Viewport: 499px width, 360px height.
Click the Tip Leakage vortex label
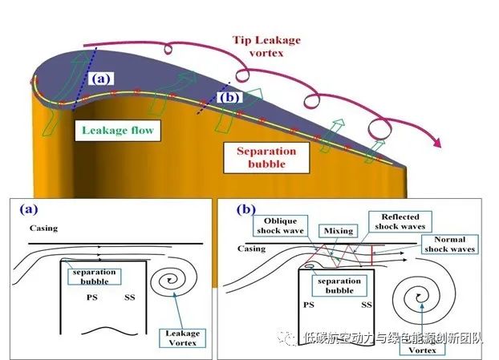pyautogui.click(x=266, y=47)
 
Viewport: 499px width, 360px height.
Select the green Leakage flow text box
pyautogui.click(x=118, y=131)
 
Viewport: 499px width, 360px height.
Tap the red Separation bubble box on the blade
pyautogui.click(x=266, y=157)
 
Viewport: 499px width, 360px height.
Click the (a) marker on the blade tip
pyautogui.click(x=101, y=79)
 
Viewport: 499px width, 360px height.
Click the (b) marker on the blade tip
pyautogui.click(x=229, y=97)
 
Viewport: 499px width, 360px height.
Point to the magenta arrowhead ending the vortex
pyautogui.click(x=436, y=143)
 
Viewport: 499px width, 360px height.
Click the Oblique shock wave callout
pyautogui.click(x=280, y=226)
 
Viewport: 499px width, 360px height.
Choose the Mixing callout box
pyautogui.click(x=339, y=231)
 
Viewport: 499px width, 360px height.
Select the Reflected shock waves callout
pyautogui.click(x=400, y=221)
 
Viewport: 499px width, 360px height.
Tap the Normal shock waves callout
pyautogui.click(x=450, y=245)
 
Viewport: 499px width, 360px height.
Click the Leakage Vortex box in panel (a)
pyautogui.click(x=182, y=338)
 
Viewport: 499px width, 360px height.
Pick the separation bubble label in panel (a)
pyautogui.click(x=94, y=277)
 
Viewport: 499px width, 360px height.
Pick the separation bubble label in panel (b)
pyautogui.click(x=339, y=285)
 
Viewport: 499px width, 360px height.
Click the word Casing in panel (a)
pyautogui.click(x=43, y=229)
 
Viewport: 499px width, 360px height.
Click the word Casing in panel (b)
pyautogui.click(x=251, y=249)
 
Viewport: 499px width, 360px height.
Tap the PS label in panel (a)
pyautogui.click(x=92, y=297)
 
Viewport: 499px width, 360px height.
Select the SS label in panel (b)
pyautogui.click(x=367, y=305)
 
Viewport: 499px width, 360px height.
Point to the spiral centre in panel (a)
pyautogui.click(x=169, y=280)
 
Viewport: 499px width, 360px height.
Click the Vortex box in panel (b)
pyautogui.click(x=422, y=350)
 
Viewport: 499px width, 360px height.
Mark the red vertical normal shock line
pyautogui.click(x=371, y=255)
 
